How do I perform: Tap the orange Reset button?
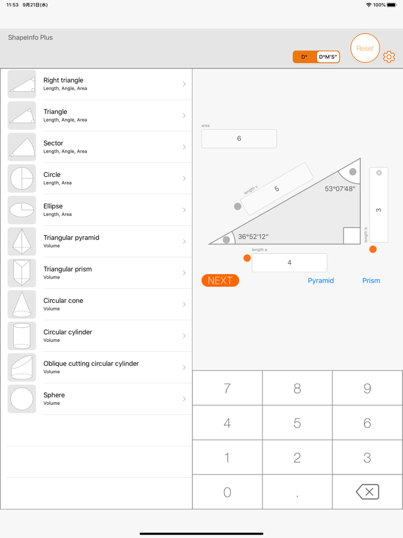[365, 48]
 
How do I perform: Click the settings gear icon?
[389, 57]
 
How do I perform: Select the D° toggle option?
[305, 57]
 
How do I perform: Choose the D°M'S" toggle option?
[328, 57]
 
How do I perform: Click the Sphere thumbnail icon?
[22, 399]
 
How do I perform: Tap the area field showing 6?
[239, 139]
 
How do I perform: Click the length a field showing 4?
[289, 263]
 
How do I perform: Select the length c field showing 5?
[277, 189]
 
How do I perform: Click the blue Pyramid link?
[321, 281]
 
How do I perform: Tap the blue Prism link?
[371, 281]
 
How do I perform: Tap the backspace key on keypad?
[367, 492]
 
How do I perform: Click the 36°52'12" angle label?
[253, 237]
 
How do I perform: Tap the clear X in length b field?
[379, 173]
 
